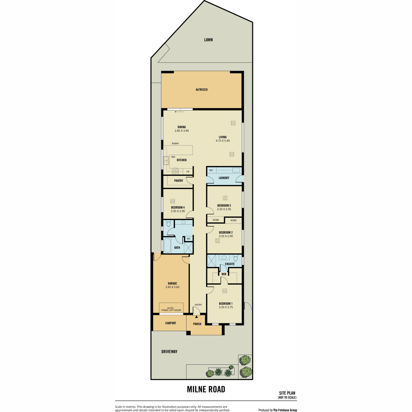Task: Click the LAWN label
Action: coord(208,40)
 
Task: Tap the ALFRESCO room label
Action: coord(202,90)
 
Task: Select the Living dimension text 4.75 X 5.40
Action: coord(222,141)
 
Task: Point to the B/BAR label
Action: coord(175,144)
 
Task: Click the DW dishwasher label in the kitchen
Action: coord(173,157)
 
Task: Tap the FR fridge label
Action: coord(188,172)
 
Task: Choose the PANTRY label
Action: coord(179,181)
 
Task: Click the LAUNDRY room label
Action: coord(224,178)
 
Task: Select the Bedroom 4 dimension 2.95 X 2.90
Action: coord(178,211)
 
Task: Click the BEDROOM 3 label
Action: coord(224,205)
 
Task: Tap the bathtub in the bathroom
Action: coord(167,246)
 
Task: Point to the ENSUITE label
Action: coord(230,264)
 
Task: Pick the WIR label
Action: coord(224,274)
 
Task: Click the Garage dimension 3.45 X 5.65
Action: coord(172,287)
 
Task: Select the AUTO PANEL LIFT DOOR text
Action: coord(171,309)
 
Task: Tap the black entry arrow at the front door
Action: coord(196,317)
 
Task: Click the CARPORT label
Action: coord(171,323)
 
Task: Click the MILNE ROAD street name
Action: coord(206,395)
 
